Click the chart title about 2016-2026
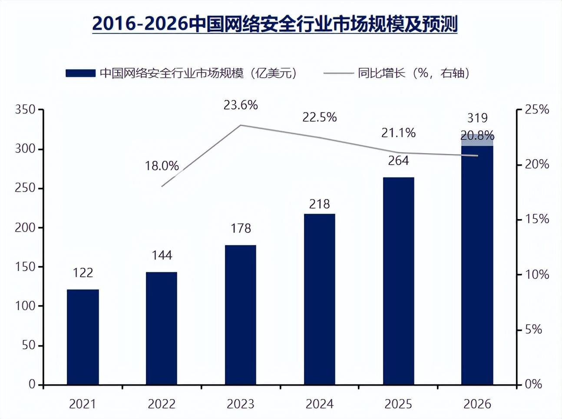tap(274, 24)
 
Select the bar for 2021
tap(83, 337)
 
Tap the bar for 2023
tap(240, 315)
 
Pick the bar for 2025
tap(398, 281)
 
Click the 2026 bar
tap(477, 265)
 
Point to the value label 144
tap(162, 255)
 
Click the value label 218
tap(319, 204)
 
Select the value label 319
tap(477, 118)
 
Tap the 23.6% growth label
tap(241, 105)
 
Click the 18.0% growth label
tap(162, 166)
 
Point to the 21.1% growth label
tap(398, 133)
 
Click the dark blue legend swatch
tap(80, 73)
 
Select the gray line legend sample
tap(338, 73)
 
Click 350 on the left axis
tap(25, 110)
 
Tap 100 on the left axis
tap(25, 306)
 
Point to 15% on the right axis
tap(537, 219)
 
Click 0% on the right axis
tap(533, 384)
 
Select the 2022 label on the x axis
tap(162, 404)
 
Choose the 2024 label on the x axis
tap(319, 404)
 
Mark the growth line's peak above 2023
tap(241, 125)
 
